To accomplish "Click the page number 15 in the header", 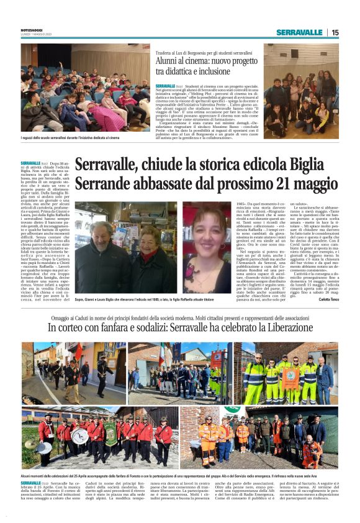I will coord(335,32).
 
